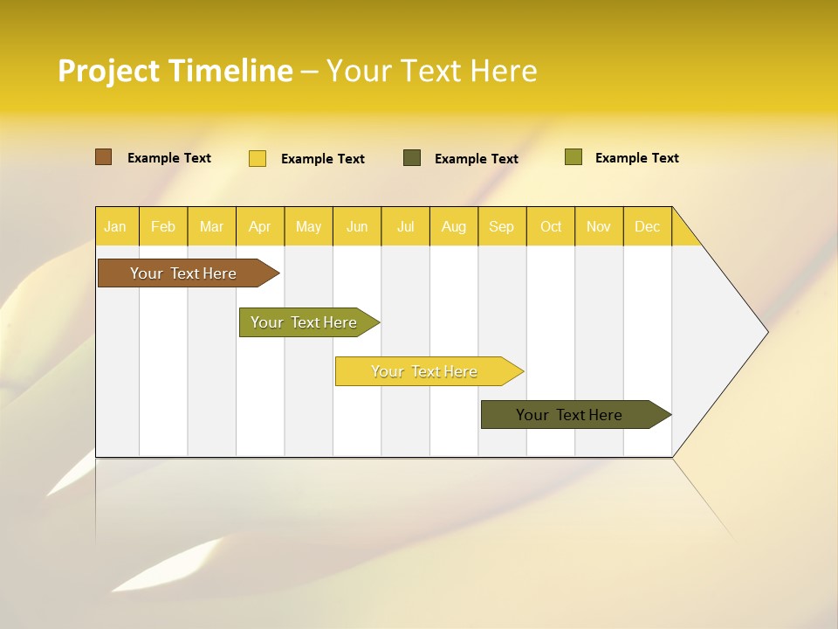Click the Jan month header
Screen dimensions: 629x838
[x=115, y=226]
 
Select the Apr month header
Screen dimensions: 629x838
[x=259, y=226]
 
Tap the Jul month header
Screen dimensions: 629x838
[x=405, y=226]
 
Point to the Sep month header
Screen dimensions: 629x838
[x=501, y=226]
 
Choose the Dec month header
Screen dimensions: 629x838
[x=647, y=226]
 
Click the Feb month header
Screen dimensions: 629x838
[x=163, y=226]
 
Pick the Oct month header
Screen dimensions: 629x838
[x=551, y=226]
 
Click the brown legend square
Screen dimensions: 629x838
[x=104, y=157]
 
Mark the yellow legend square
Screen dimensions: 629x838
[x=258, y=158]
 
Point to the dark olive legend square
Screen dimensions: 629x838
[x=412, y=157]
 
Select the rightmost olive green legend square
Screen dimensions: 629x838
[x=573, y=157]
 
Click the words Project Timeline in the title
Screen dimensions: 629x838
[x=175, y=71]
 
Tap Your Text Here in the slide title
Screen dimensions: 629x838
[x=431, y=71]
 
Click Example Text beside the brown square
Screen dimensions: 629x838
[x=169, y=158]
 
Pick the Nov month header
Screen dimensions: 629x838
[x=599, y=226]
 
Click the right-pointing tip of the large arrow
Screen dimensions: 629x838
[x=765, y=332]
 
